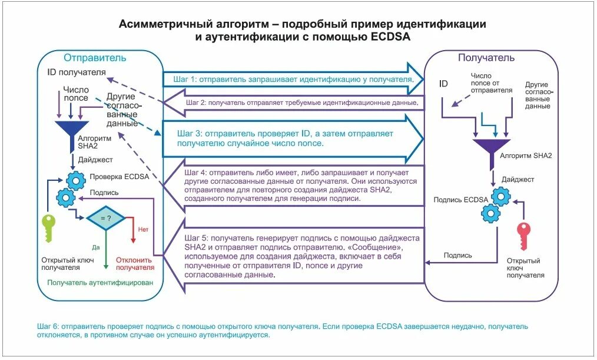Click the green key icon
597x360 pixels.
[x=48, y=227]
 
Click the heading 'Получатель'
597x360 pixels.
[x=486, y=58]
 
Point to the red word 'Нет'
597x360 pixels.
[x=143, y=229]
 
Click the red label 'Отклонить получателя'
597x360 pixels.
[x=134, y=263]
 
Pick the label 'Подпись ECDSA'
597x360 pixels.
[x=460, y=200]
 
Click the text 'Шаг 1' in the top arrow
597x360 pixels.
[x=185, y=79]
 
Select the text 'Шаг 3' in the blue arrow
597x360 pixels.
[x=189, y=134]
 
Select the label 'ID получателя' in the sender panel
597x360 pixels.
[x=77, y=72]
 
